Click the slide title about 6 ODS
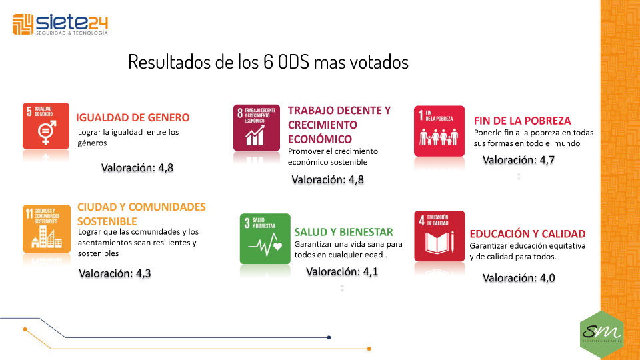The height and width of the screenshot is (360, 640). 268,63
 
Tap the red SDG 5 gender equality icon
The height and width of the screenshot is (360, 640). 46,125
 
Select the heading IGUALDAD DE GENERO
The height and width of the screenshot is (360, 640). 133,117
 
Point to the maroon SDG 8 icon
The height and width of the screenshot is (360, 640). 256,127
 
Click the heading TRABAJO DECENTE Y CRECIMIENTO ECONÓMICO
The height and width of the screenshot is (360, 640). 339,125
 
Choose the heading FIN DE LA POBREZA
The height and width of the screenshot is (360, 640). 522,121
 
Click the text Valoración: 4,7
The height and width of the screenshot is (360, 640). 519,160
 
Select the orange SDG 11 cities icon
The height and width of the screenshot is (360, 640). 46,228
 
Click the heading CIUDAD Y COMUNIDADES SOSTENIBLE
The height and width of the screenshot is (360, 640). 141,213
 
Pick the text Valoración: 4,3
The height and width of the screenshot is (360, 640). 115,273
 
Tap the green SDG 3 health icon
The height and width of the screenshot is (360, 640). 265,239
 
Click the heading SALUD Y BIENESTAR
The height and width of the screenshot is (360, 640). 343,232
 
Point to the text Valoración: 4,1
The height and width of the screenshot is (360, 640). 342,271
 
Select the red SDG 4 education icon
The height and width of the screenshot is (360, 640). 439,236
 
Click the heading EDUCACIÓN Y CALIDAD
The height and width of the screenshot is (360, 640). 527,234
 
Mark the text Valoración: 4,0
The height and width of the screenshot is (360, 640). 519,278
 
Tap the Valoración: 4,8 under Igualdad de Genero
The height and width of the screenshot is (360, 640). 137,168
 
